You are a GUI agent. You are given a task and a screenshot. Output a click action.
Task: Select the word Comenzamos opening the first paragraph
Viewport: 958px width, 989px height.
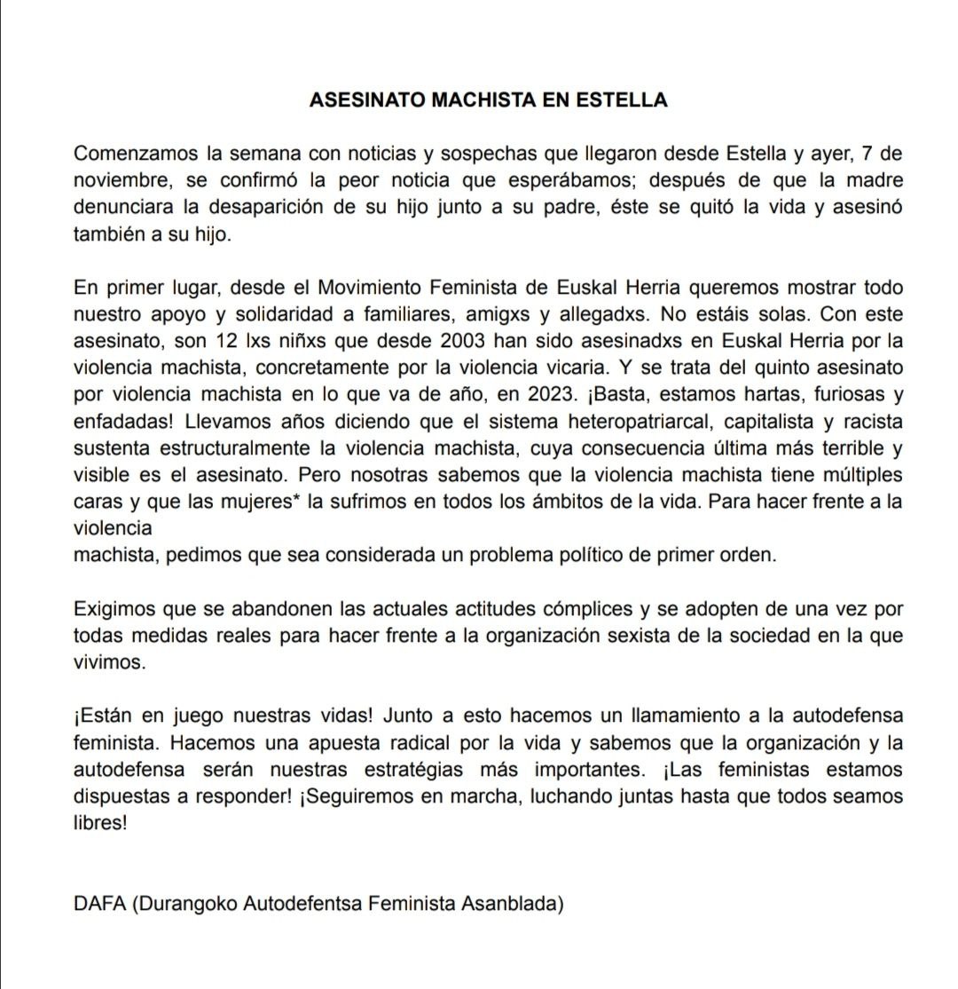pos(132,153)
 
